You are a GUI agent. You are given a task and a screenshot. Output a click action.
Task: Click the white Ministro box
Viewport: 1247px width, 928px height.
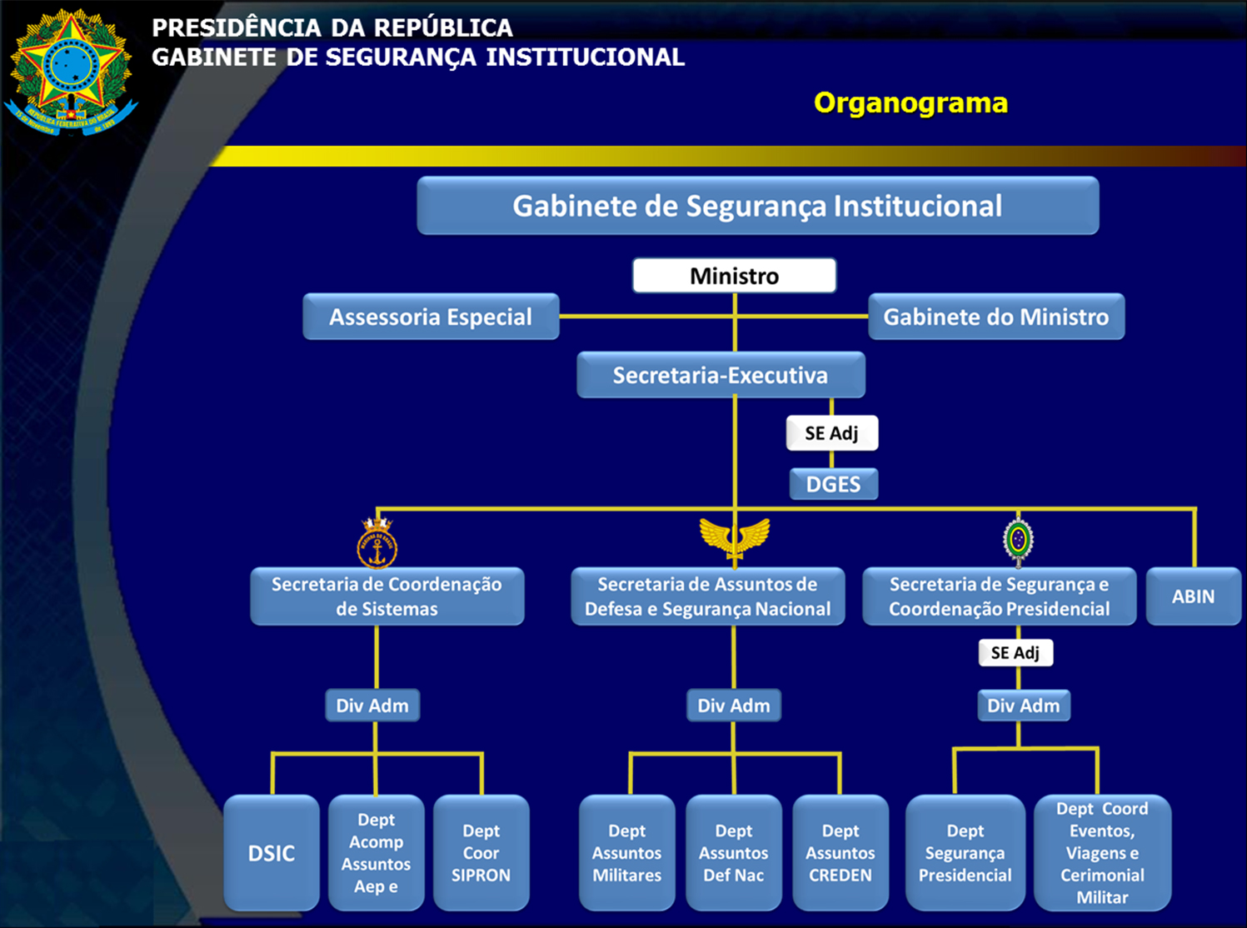pyautogui.click(x=734, y=276)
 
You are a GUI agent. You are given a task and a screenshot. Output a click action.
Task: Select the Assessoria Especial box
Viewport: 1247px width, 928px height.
pyautogui.click(x=431, y=317)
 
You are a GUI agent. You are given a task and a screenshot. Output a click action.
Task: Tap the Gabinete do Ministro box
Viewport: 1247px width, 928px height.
pyautogui.click(x=996, y=317)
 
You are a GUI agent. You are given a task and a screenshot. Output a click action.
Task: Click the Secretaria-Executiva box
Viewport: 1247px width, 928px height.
pyautogui.click(x=721, y=375)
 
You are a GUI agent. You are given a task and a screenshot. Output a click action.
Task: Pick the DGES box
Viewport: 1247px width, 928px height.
pyautogui.click(x=833, y=484)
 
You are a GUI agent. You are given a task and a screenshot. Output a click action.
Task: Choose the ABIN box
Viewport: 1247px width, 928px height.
pyautogui.click(x=1193, y=596)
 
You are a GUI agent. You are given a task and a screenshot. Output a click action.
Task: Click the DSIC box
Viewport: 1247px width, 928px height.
pyautogui.click(x=272, y=853)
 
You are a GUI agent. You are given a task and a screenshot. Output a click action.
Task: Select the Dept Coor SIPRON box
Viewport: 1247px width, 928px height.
pyautogui.click(x=481, y=853)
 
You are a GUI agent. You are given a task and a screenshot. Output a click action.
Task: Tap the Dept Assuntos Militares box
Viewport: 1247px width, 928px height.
pyautogui.click(x=626, y=853)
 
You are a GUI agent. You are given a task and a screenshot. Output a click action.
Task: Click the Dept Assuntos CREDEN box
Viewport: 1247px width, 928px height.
pyautogui.click(x=840, y=853)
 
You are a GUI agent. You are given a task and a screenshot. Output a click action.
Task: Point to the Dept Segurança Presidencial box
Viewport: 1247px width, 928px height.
pyautogui.click(x=965, y=853)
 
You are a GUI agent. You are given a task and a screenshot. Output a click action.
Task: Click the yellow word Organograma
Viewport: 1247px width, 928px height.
pyautogui.click(x=910, y=102)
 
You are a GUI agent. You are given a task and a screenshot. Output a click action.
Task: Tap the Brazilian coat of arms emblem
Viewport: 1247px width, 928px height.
pyautogui.click(x=71, y=71)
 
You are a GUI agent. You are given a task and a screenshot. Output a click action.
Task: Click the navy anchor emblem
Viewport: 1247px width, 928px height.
pyautogui.click(x=377, y=543)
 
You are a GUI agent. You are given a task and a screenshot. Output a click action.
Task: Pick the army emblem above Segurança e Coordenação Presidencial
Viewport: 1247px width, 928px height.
pyautogui.click(x=1018, y=541)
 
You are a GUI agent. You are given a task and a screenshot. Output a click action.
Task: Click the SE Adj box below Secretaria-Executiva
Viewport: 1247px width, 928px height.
pyautogui.click(x=831, y=433)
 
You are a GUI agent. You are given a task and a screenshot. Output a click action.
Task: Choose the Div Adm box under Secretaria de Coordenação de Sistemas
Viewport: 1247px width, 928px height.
pyautogui.click(x=372, y=706)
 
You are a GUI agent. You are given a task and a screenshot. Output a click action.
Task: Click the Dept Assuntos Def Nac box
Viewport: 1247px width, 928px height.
pyautogui.click(x=733, y=853)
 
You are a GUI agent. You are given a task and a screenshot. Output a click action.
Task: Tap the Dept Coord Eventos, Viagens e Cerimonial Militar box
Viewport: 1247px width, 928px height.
pyautogui.click(x=1102, y=853)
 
